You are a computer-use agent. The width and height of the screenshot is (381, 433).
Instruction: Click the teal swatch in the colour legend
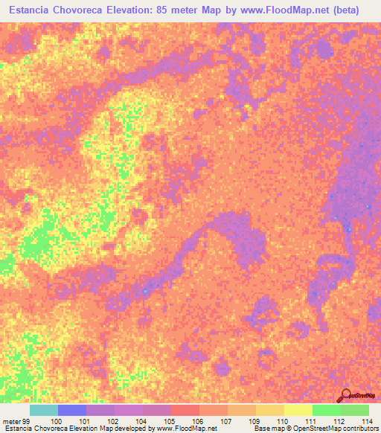(43, 410)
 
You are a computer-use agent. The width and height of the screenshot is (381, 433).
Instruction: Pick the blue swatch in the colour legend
(72, 410)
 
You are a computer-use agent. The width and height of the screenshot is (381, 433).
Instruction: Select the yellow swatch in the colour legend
(298, 410)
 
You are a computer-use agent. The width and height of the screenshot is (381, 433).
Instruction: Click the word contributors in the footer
(359, 429)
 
